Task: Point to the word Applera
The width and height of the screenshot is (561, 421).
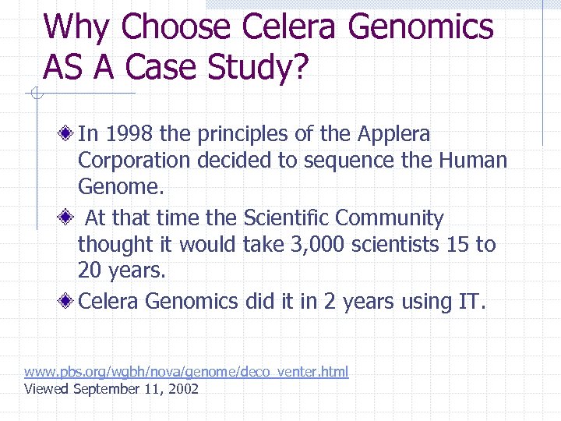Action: pos(393,134)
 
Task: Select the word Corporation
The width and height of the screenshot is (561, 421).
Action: pos(134,161)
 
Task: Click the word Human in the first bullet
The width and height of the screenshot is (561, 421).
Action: pos(473,161)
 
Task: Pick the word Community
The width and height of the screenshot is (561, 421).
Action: pos(398,218)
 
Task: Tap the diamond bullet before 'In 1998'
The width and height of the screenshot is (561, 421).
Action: pos(69,135)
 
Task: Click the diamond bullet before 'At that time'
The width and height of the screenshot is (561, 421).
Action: pos(69,218)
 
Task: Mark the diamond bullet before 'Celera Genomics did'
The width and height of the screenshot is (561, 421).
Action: pos(69,302)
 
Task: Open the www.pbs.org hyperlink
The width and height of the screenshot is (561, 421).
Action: pos(186,371)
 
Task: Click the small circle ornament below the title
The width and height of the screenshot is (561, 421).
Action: pos(37,94)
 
